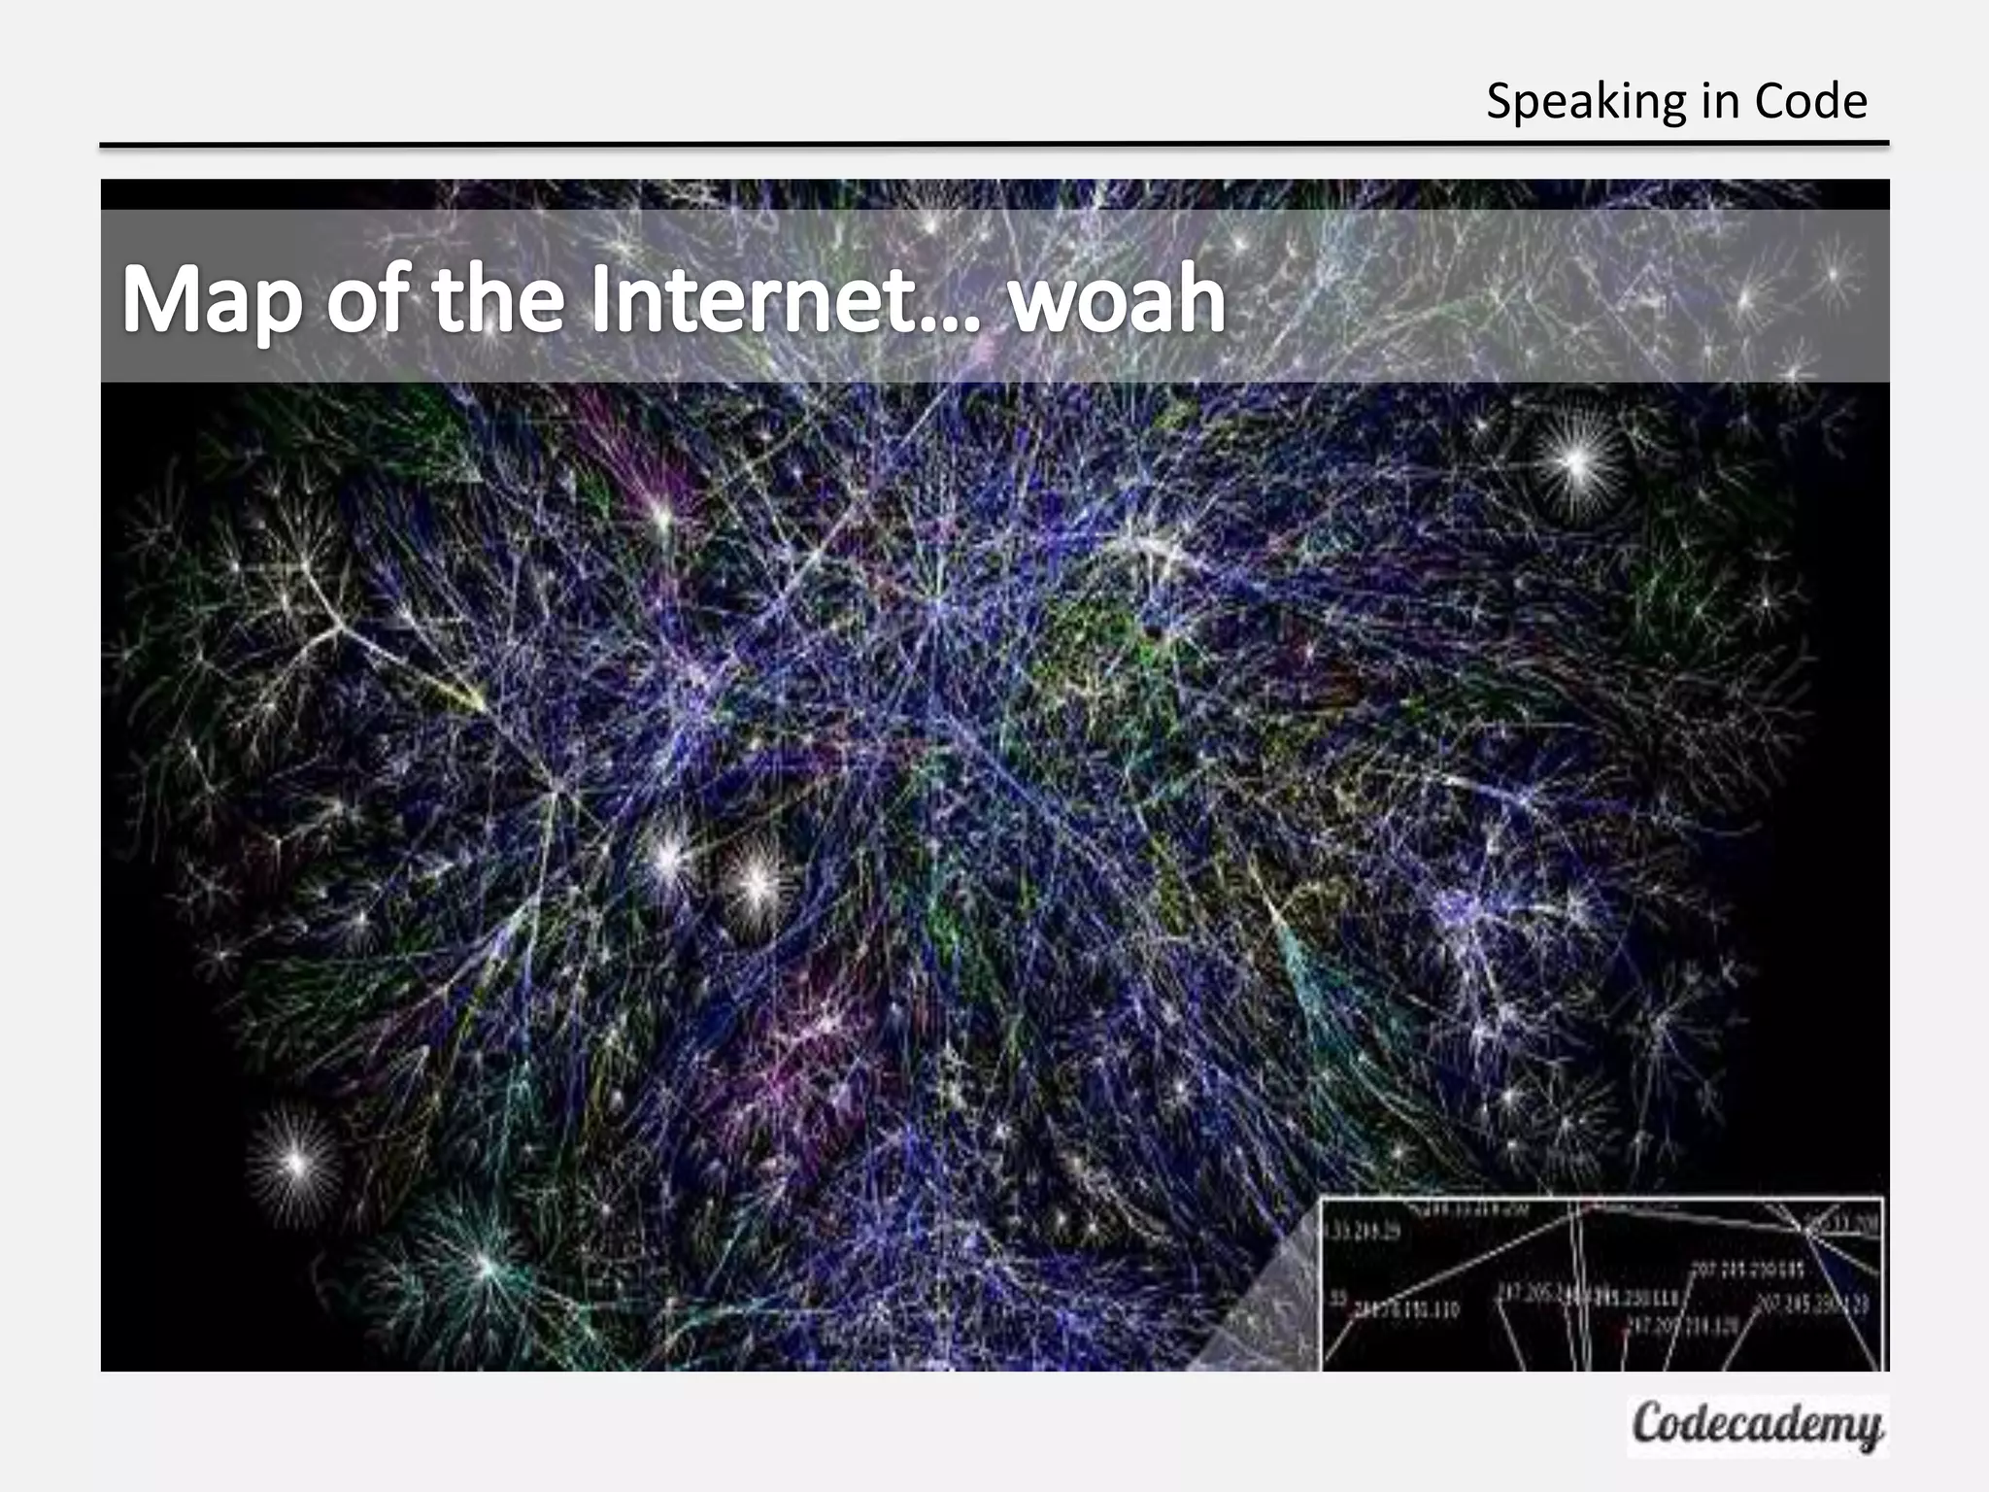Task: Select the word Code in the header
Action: pyautogui.click(x=1810, y=102)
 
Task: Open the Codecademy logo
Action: pyautogui.click(x=1757, y=1425)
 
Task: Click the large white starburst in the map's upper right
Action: pyautogui.click(x=1576, y=462)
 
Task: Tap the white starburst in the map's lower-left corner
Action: pyautogui.click(x=296, y=1160)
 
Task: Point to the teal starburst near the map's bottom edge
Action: pyautogui.click(x=486, y=1265)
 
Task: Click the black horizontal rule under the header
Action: pyautogui.click(x=994, y=145)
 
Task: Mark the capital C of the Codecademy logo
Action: pyautogui.click(x=1648, y=1424)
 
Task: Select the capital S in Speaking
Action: pyautogui.click(x=1501, y=102)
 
